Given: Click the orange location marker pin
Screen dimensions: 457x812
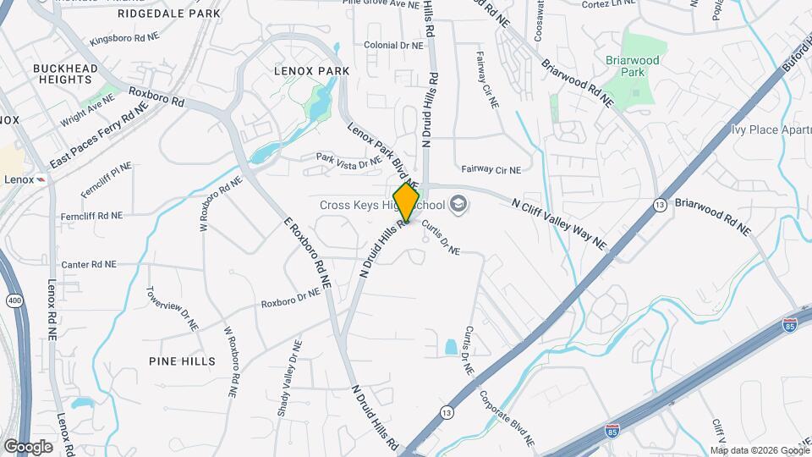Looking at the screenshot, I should (406, 202).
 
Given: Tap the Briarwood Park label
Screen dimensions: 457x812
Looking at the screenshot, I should (626, 66).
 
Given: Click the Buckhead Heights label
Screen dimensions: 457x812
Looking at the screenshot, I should (62, 74).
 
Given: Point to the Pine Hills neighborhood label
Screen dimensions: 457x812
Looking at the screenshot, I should (182, 361).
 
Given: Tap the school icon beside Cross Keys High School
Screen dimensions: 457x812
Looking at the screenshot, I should (458, 204).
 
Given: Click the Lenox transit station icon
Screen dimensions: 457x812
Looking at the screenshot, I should (41, 179).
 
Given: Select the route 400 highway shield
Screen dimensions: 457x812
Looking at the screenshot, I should (10, 300).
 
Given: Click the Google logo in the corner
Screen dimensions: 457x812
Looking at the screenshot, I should (28, 446).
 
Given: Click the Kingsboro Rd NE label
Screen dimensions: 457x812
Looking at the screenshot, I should (123, 39).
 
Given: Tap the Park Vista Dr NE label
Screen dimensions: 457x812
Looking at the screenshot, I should (348, 160).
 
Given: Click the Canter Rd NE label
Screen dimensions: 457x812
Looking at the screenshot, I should (88, 264).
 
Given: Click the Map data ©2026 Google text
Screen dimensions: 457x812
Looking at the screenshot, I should (759, 450).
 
